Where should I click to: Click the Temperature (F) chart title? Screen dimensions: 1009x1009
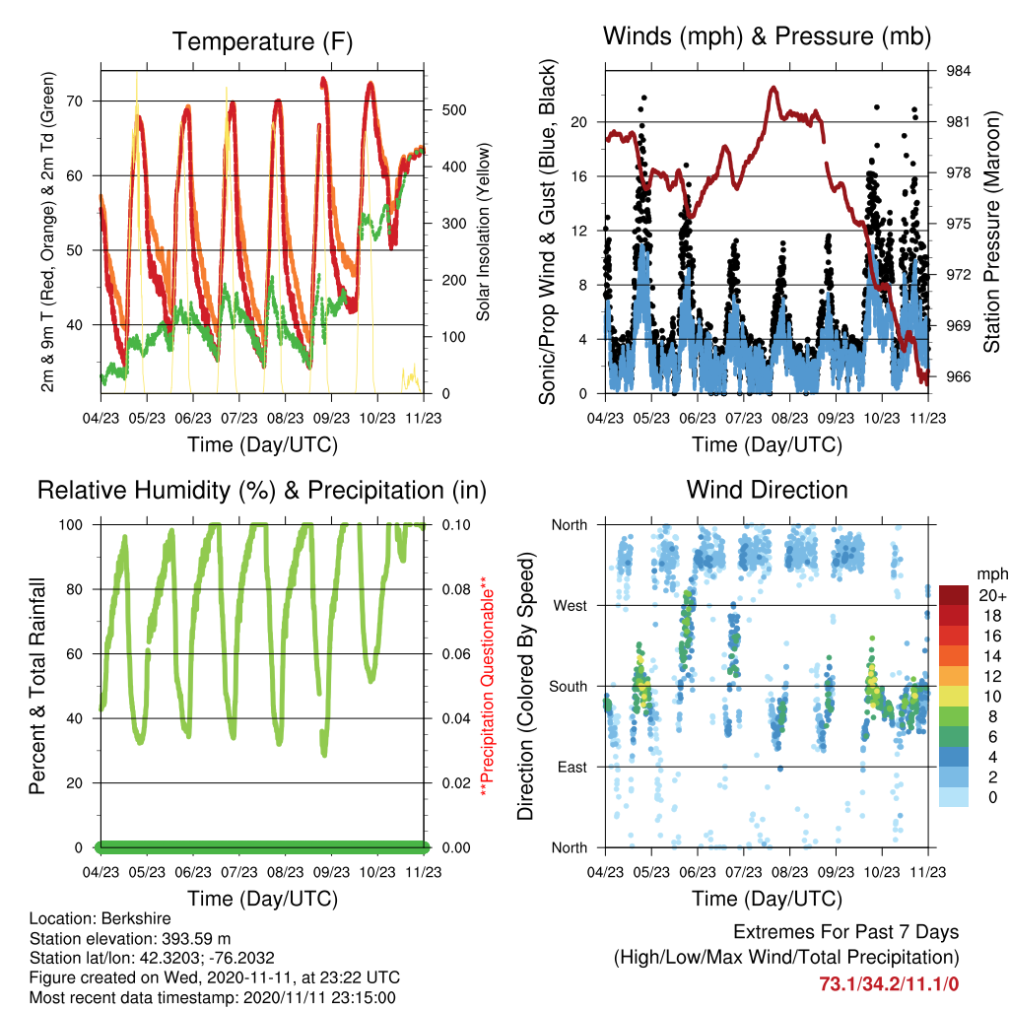tap(262, 41)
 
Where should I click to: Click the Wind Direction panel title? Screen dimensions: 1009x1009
tap(767, 490)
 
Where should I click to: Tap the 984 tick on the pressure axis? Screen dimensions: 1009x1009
tap(958, 71)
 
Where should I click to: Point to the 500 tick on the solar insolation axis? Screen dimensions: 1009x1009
tap(454, 110)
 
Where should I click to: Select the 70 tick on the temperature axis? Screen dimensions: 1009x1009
tap(74, 101)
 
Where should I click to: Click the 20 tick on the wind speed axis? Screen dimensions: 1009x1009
tap(578, 122)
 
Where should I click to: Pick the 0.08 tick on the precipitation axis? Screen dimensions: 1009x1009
tap(456, 589)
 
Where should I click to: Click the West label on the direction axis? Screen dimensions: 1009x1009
tap(570, 606)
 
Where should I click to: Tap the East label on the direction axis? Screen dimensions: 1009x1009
tap(572, 767)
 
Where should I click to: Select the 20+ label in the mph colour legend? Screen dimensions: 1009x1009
tap(992, 595)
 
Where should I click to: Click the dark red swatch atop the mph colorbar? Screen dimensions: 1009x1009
tap(954, 595)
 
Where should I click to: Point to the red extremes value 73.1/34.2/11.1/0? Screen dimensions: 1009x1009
tap(889, 984)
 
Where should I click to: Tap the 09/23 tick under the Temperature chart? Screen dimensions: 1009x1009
tap(331, 418)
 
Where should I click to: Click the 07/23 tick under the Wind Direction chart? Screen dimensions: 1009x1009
tap(743, 872)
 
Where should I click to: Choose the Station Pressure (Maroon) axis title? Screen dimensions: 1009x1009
tap(991, 232)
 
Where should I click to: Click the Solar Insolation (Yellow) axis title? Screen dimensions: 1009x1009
tap(483, 232)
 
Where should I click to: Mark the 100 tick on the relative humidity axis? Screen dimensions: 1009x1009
tap(71, 525)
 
